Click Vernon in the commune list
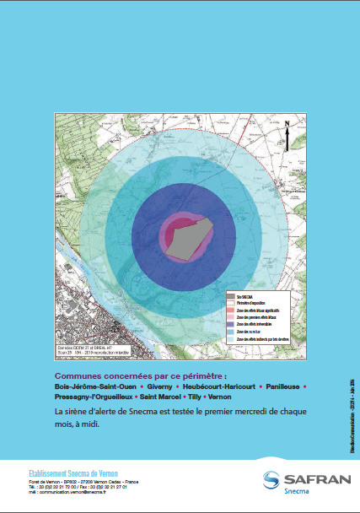(x=221, y=397)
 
